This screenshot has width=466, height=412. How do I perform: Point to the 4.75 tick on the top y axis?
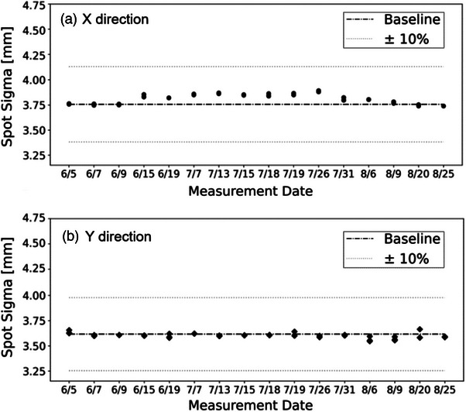click(x=33, y=6)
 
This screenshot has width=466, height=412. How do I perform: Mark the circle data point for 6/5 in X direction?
click(x=69, y=104)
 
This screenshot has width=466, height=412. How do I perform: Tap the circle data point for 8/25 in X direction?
click(x=444, y=105)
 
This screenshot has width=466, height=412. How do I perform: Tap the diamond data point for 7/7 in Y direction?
click(x=194, y=334)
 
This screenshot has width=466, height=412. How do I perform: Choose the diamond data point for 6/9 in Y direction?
click(x=119, y=335)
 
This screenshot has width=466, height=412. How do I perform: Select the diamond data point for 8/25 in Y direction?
click(x=444, y=336)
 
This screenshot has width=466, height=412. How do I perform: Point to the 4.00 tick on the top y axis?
click(x=33, y=80)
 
